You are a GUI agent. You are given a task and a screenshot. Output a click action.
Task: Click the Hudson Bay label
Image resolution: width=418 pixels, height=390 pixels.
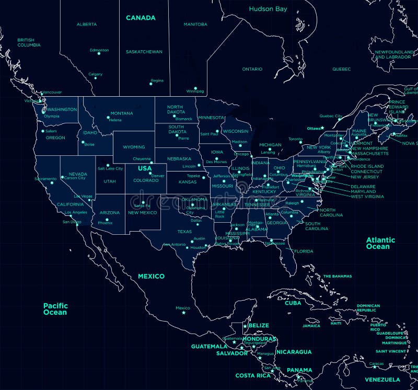[x=268, y=9]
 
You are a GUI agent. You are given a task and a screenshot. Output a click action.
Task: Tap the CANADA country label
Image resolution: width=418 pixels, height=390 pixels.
[x=141, y=18]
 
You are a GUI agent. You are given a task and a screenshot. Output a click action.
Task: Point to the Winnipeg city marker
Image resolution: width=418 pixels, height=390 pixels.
[x=195, y=88]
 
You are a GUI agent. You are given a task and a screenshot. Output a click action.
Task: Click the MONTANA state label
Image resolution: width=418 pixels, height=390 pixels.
[x=121, y=113]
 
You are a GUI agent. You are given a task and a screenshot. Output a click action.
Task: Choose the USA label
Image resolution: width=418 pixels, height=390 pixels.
[x=145, y=168]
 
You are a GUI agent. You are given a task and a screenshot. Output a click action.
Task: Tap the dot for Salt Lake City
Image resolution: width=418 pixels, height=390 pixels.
[x=108, y=165]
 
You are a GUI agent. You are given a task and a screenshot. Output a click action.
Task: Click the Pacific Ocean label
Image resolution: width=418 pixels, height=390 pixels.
[x=55, y=309]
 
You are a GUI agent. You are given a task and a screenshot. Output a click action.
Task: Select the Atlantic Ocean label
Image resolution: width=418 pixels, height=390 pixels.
[x=380, y=243]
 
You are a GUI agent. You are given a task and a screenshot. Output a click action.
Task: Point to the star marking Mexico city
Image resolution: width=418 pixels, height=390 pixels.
[x=183, y=313]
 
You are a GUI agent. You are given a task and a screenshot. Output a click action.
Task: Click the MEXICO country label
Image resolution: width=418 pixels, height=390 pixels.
[x=151, y=276]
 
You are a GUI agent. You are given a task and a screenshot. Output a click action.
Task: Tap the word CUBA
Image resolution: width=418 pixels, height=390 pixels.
[x=293, y=303]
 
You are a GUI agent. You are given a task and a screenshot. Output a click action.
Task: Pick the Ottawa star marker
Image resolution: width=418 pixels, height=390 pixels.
[x=323, y=128]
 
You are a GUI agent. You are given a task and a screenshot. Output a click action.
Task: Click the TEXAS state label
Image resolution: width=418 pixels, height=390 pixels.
[x=184, y=232]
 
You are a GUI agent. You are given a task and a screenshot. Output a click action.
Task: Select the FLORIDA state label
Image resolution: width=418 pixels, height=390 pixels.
[x=304, y=251]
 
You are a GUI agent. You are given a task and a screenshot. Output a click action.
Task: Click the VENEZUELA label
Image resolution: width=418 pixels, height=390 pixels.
[x=382, y=380]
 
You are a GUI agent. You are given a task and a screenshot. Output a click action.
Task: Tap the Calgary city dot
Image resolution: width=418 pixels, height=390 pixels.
[x=95, y=79]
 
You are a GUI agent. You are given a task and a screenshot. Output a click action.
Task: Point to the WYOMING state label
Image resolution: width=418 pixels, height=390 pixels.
[x=134, y=147]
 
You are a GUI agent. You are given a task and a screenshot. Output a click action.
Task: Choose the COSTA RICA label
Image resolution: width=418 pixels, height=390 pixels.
[x=253, y=375]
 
